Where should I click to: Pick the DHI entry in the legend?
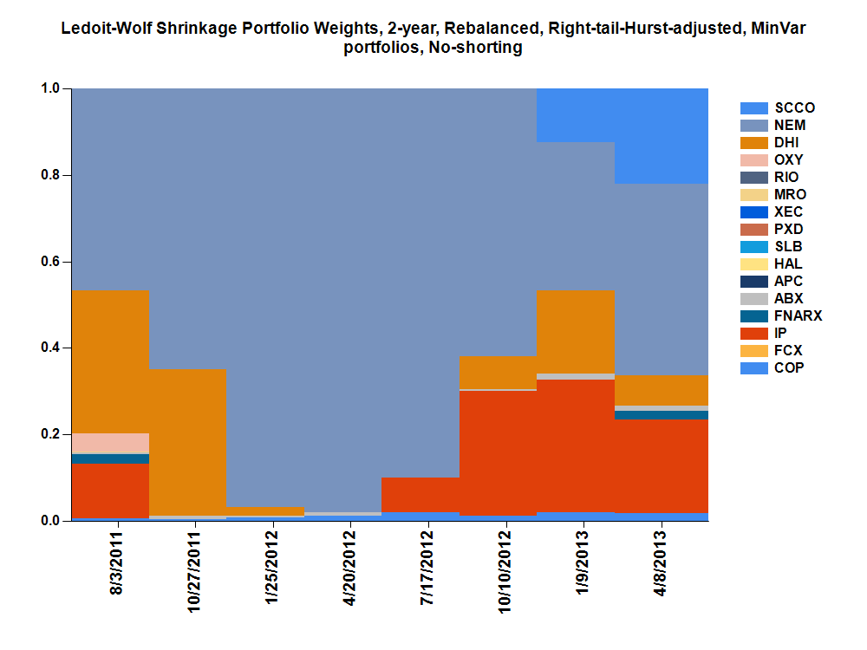[787, 143]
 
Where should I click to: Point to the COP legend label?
[789, 368]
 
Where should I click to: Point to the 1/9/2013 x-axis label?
[583, 563]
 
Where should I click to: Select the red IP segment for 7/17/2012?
[420, 495]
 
